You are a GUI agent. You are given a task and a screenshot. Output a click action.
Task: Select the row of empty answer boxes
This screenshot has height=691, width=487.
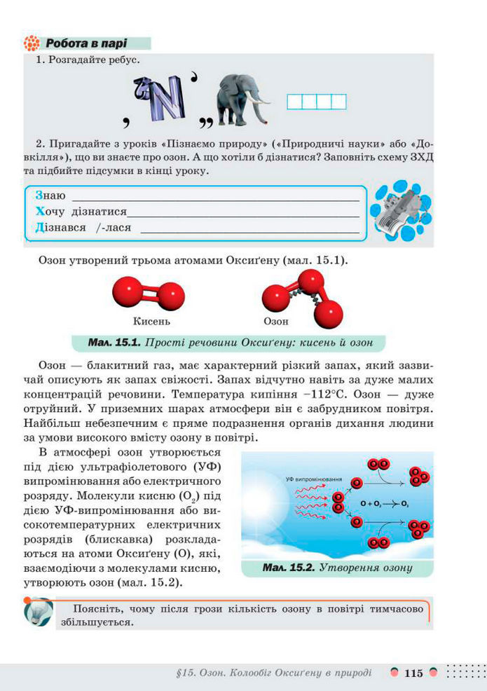coord(317,102)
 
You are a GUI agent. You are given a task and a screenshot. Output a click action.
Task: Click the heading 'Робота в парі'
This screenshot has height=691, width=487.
coord(88,43)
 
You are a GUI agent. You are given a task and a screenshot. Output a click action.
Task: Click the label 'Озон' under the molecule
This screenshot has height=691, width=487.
coord(276,322)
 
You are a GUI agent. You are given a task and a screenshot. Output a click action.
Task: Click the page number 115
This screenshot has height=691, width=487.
coord(413,673)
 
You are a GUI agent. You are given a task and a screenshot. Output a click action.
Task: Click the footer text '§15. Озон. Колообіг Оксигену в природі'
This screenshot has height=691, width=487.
coord(275,673)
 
